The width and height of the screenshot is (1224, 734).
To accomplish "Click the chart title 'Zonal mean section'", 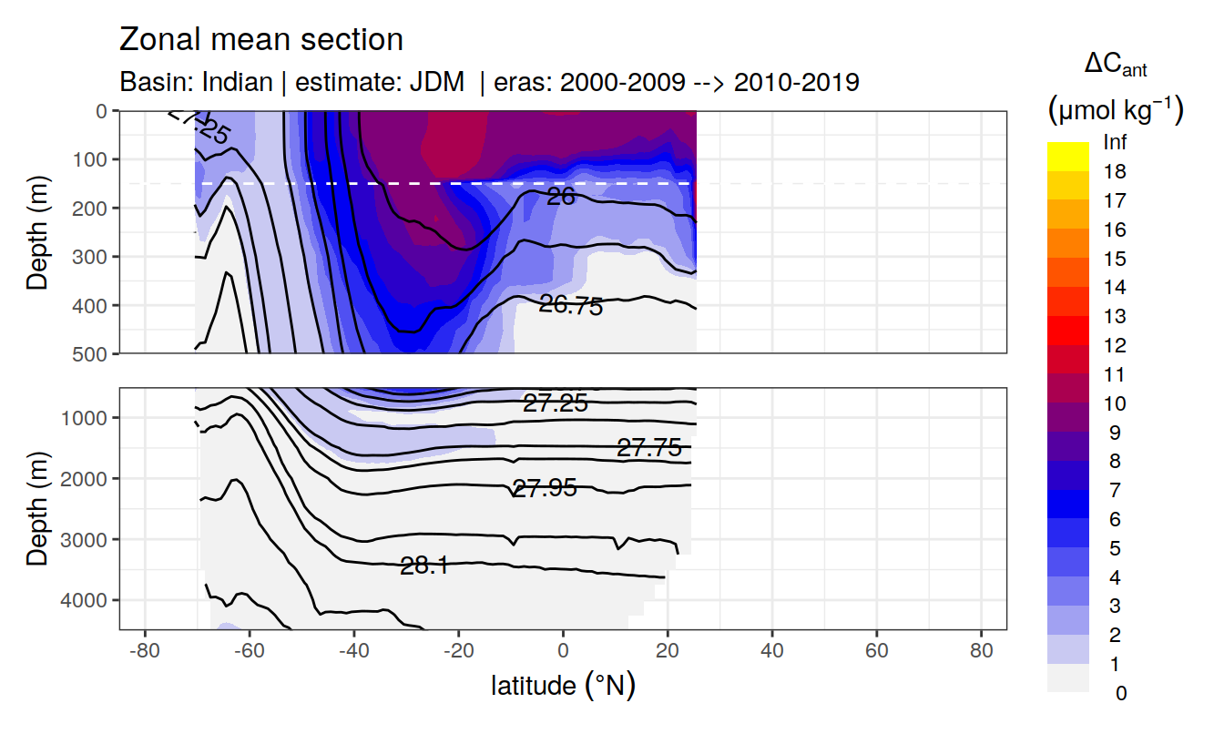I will [261, 40].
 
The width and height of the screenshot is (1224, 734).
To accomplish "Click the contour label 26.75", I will [571, 306].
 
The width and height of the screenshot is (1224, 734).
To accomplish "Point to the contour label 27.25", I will [555, 403].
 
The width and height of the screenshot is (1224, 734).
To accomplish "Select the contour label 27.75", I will [649, 448].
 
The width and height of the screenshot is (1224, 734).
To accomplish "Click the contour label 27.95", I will [545, 489].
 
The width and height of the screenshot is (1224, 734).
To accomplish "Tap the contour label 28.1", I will [423, 566].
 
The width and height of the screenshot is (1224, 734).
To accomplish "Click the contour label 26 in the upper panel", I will [561, 196].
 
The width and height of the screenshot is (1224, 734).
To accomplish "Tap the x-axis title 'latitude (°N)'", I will [563, 685].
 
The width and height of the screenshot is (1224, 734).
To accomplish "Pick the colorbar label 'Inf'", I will [1114, 143].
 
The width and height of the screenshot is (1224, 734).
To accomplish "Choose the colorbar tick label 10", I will [1114, 404].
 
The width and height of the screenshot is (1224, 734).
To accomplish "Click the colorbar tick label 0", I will [1120, 693].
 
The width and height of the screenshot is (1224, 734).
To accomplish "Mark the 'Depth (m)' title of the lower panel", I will [37, 508].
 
